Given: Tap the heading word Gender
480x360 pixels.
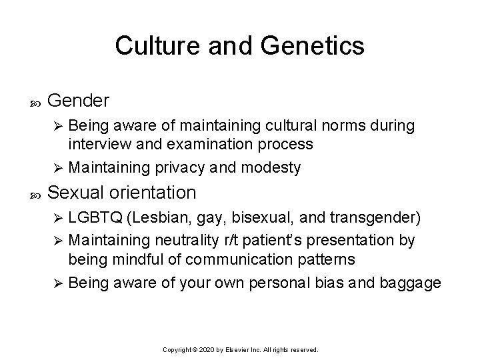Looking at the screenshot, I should click(79, 101).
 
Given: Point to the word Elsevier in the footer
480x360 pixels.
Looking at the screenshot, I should click(240, 349).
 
